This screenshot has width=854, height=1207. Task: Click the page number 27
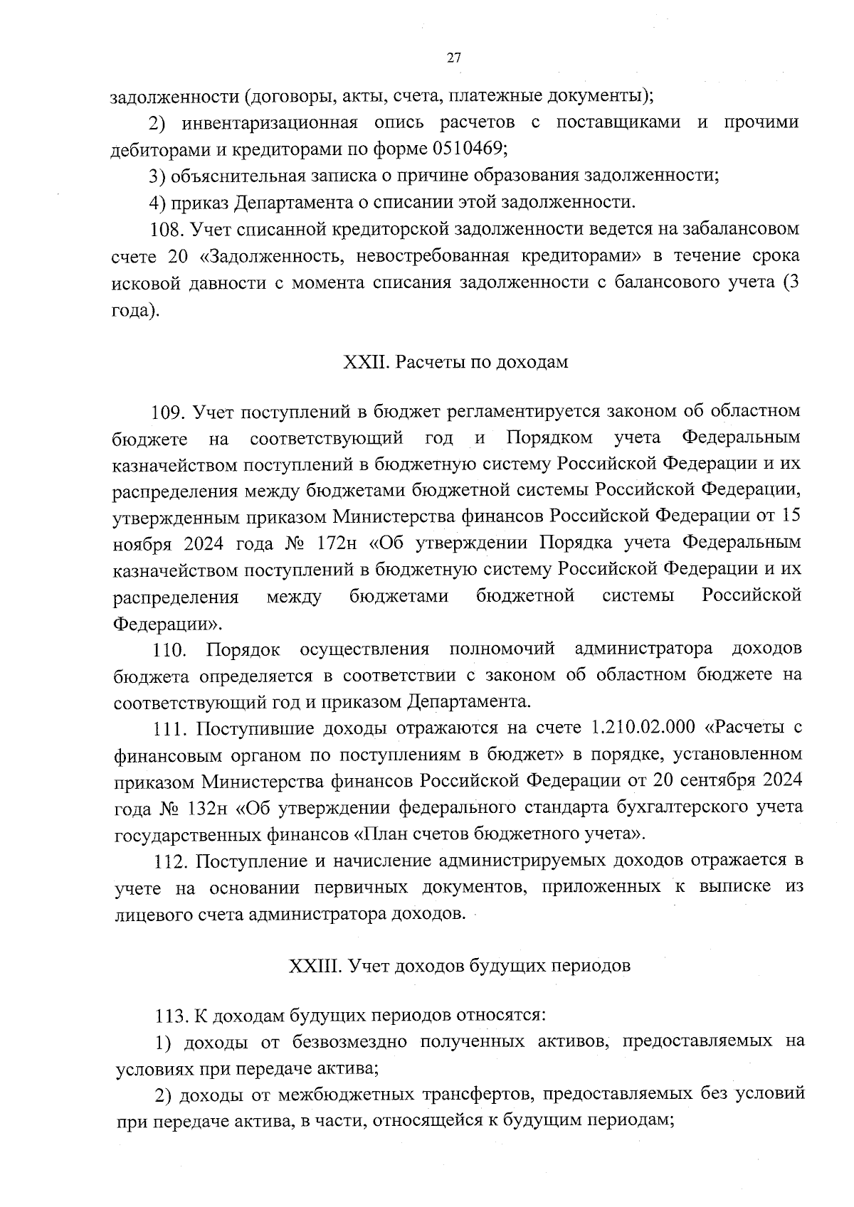(x=455, y=59)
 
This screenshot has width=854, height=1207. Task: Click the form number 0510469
(x=469, y=149)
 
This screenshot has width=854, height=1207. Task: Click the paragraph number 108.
(x=166, y=229)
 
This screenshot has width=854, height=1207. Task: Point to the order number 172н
(x=337, y=543)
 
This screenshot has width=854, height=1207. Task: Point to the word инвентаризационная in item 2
(x=269, y=122)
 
